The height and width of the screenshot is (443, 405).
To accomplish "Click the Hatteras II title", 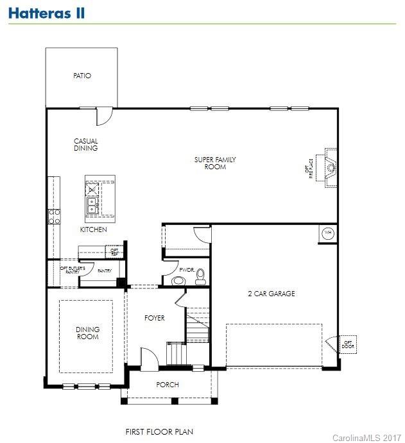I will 46,13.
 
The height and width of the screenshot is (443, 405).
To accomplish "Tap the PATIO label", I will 82,76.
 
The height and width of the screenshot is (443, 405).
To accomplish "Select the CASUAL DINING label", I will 85,145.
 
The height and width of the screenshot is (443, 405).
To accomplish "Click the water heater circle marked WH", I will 328,233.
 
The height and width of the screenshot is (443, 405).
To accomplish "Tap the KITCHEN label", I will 93,230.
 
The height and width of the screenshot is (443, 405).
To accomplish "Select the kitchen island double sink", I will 92,205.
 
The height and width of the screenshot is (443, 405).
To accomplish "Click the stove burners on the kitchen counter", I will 53,216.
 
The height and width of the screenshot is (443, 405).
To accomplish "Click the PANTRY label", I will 104,271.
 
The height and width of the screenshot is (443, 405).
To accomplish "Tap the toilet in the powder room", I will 200,276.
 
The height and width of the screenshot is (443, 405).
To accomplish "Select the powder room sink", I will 178,280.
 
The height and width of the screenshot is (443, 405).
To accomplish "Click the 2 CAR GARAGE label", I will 271,294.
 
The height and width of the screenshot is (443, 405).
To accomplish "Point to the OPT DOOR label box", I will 348,344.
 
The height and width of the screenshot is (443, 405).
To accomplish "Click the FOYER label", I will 154,318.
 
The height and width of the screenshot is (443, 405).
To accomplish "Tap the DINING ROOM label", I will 87,333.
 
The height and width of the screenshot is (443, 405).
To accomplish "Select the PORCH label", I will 168,385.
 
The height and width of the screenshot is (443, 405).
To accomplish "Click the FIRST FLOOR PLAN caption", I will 159,432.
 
